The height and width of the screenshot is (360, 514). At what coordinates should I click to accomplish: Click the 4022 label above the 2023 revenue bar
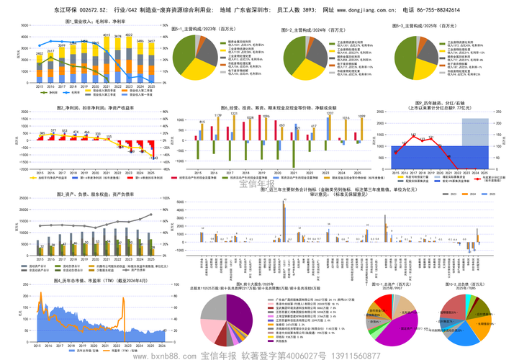coord(129,35)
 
